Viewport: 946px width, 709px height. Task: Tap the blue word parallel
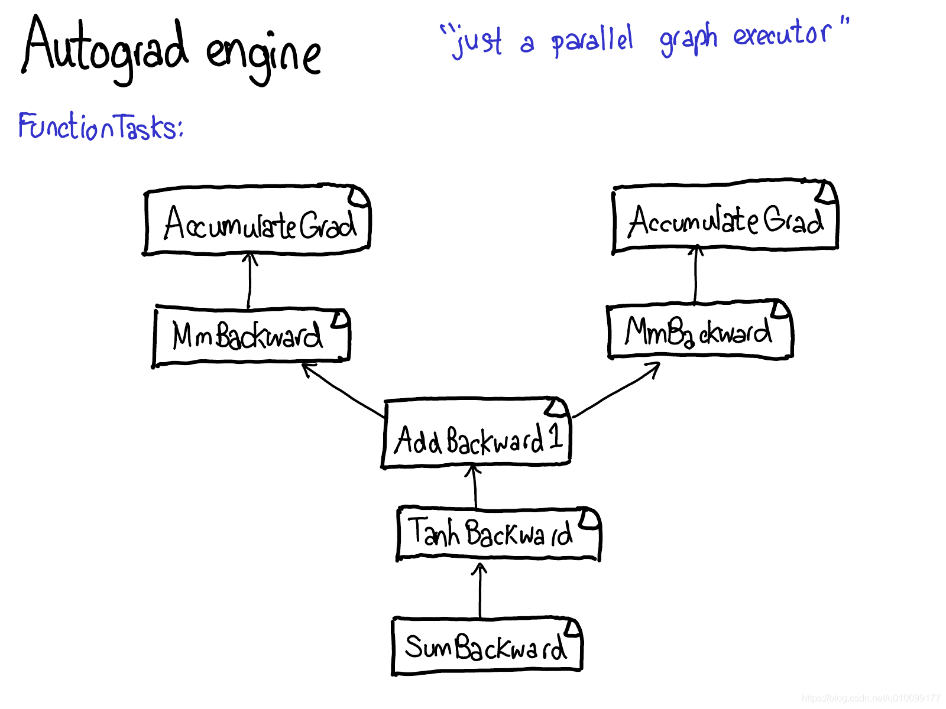pyautogui.click(x=592, y=40)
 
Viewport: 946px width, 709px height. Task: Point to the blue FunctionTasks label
pyautogui.click(x=101, y=126)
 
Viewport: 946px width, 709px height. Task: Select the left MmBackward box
pyautogui.click(x=251, y=335)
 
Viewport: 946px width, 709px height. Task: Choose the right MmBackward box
pyautogui.click(x=699, y=331)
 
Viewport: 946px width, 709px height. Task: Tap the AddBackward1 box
pyautogui.click(x=477, y=435)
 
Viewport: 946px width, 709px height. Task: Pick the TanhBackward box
pyautogui.click(x=498, y=533)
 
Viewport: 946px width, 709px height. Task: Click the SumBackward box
pyautogui.click(x=487, y=646)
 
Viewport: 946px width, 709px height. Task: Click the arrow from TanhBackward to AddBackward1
pyautogui.click(x=474, y=486)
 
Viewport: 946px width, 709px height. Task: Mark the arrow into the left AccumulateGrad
pyautogui.click(x=250, y=281)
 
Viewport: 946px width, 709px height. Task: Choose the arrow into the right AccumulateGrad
pyautogui.click(x=696, y=275)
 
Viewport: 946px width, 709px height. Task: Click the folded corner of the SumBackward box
pyautogui.click(x=572, y=627)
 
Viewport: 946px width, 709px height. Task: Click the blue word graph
pyautogui.click(x=688, y=39)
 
